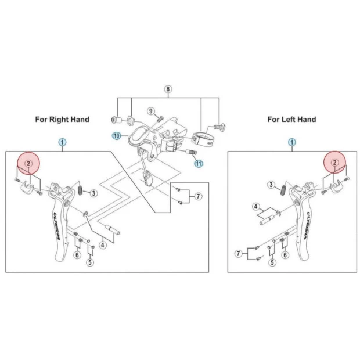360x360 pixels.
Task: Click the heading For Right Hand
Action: point(62,119)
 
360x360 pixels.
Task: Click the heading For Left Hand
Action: point(291,119)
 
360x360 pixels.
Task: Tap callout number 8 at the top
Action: point(168,89)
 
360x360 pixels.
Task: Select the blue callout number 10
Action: point(116,135)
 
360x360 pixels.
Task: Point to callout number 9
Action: point(150,110)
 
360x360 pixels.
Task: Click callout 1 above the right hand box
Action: point(62,142)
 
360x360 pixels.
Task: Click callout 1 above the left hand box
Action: point(291,142)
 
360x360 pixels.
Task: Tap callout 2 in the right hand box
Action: point(27,164)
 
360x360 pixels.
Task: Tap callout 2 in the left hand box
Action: point(334,164)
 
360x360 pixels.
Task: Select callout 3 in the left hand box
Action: point(271,185)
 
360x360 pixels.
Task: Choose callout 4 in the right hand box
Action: point(103,245)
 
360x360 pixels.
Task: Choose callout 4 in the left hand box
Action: point(255,206)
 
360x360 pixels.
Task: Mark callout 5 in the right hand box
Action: point(90,262)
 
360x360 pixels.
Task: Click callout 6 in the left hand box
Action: point(285,255)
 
